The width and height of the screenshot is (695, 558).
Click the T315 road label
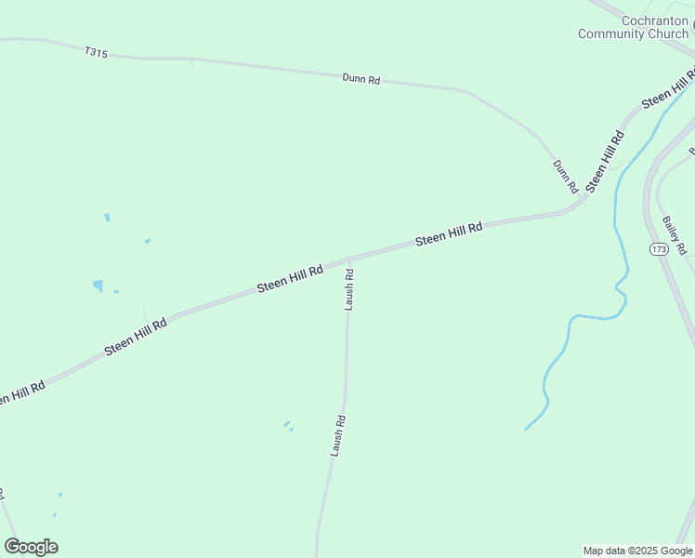pos(96,53)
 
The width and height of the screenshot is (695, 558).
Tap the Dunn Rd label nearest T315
pos(361,80)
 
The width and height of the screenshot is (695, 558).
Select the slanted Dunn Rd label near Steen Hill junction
pos(565,176)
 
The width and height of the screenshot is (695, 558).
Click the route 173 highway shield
pos(659,249)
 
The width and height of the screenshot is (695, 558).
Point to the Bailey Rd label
pos(674,235)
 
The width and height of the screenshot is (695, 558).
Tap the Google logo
pos(31,547)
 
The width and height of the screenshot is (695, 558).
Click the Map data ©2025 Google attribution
pos(636,551)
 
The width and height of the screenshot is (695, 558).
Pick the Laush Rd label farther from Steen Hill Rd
pos(338,435)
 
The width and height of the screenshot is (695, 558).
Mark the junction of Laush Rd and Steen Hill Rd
pos(349,259)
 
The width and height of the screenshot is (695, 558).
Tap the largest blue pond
pos(98,286)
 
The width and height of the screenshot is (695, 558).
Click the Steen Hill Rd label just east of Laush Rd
pos(449,233)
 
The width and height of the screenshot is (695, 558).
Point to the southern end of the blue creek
pos(526,429)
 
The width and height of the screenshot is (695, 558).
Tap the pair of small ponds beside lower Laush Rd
pos(288,426)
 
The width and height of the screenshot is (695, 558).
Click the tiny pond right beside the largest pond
pos(116,291)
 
